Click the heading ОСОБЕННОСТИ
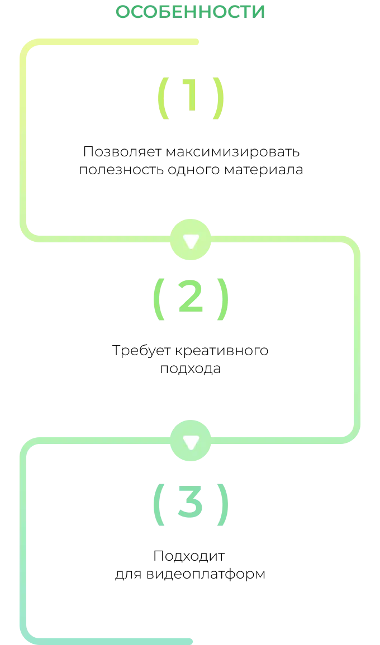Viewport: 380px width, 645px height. (190, 12)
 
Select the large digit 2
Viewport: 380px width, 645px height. (191, 296)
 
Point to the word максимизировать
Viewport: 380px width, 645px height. (232, 152)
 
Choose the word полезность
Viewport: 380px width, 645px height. (121, 169)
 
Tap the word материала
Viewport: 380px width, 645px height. (264, 170)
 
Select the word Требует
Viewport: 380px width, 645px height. (142, 351)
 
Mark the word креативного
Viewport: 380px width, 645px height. (222, 351)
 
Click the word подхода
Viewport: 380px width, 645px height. (190, 369)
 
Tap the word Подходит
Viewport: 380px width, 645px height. (189, 556)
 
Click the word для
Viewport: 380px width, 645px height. (129, 574)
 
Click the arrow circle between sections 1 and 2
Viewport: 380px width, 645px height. (191, 240)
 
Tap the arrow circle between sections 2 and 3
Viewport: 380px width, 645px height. (191, 441)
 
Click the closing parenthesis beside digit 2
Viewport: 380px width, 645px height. (222, 299)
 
